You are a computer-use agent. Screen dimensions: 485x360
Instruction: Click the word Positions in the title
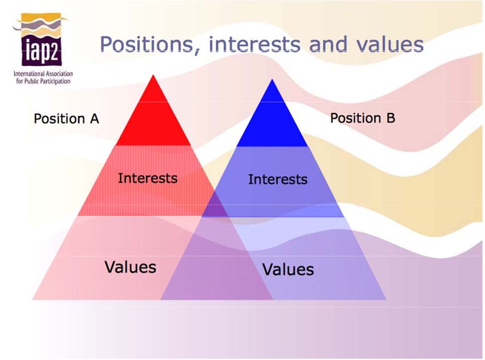click(147, 44)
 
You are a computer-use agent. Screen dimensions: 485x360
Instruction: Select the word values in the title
click(390, 45)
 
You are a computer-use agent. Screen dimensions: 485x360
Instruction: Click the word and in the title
click(328, 44)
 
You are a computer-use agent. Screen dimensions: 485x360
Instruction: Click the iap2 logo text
click(42, 50)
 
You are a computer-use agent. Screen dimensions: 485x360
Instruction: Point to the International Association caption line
click(43, 74)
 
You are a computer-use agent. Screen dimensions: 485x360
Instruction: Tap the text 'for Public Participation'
click(43, 81)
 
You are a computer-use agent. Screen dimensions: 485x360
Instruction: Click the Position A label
click(66, 119)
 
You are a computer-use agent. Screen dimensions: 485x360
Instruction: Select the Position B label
click(362, 118)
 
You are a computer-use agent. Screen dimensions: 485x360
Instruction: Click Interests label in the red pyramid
click(148, 178)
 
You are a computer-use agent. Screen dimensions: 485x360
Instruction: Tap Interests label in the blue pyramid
click(278, 179)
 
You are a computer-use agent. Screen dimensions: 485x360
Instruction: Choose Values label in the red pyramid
click(130, 267)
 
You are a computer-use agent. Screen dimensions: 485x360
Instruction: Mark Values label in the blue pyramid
click(288, 269)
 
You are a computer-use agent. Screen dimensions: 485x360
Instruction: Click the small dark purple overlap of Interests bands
click(216, 208)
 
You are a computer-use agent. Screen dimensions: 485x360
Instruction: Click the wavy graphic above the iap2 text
click(40, 25)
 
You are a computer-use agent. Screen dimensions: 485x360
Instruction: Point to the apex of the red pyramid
click(153, 75)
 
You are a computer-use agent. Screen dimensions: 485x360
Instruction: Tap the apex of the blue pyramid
click(272, 79)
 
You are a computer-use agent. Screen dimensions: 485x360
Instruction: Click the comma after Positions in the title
click(196, 52)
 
